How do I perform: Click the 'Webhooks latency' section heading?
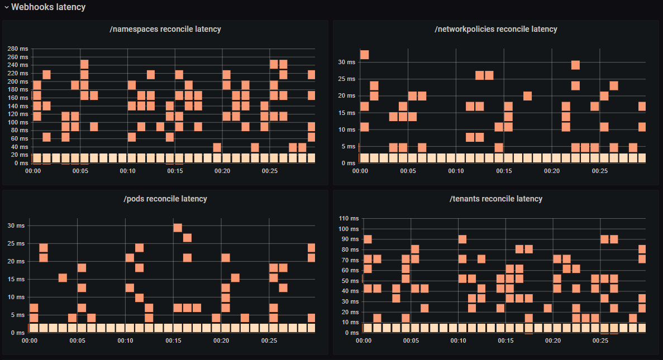pyautogui.click(x=49, y=7)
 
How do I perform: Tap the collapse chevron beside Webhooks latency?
pyautogui.click(x=7, y=7)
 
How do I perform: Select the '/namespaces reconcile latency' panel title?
pyautogui.click(x=165, y=29)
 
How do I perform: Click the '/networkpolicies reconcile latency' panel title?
pyautogui.click(x=495, y=29)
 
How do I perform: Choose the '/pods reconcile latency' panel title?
pyautogui.click(x=165, y=199)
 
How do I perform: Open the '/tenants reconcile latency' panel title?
pyautogui.click(x=495, y=199)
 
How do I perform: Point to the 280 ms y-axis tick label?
pyautogui.click(x=18, y=49)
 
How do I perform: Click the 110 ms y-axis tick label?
pyautogui.click(x=349, y=218)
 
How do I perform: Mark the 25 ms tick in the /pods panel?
pyautogui.click(x=17, y=243)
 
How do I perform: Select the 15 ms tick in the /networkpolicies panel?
pyautogui.click(x=347, y=113)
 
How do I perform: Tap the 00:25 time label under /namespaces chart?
pyautogui.click(x=270, y=171)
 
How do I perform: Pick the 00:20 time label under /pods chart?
pyautogui.click(x=221, y=341)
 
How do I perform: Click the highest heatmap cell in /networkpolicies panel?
pyautogui.click(x=364, y=55)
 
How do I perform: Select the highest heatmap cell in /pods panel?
pyautogui.click(x=178, y=227)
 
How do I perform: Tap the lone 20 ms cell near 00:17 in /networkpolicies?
pyautogui.click(x=527, y=96)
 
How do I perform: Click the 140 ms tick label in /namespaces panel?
pyautogui.click(x=18, y=106)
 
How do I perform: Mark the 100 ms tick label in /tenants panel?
pyautogui.click(x=349, y=229)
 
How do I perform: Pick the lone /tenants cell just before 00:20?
pyautogui.click(x=547, y=308)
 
